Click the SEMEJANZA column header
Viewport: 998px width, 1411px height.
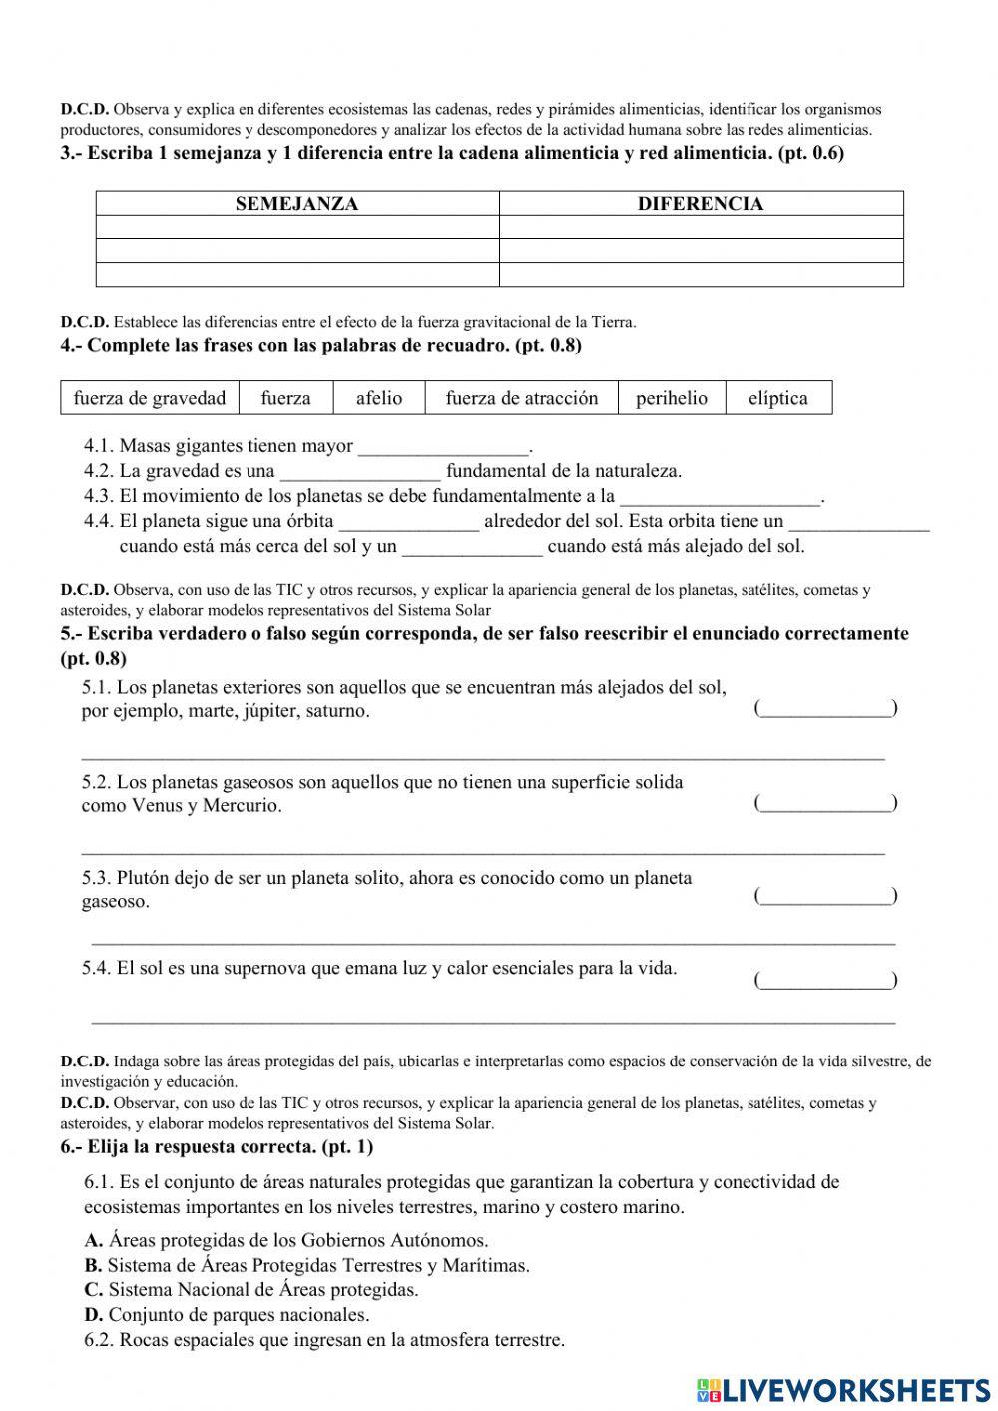pos(296,204)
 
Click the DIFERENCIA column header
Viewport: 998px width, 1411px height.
pos(701,204)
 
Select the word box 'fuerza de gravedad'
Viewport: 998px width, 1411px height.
pos(150,398)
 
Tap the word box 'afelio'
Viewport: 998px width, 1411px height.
pos(379,398)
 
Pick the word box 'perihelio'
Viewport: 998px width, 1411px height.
pos(672,398)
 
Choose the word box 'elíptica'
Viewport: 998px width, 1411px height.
pos(778,398)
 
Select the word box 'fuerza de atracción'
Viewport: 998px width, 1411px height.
pos(522,398)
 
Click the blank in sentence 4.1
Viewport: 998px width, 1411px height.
pos(443,447)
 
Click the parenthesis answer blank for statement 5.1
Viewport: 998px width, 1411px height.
pos(825,708)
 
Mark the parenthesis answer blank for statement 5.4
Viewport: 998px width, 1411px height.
pos(825,980)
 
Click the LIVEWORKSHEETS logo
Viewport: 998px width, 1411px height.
pos(843,1390)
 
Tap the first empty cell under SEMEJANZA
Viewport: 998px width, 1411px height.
pos(296,228)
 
